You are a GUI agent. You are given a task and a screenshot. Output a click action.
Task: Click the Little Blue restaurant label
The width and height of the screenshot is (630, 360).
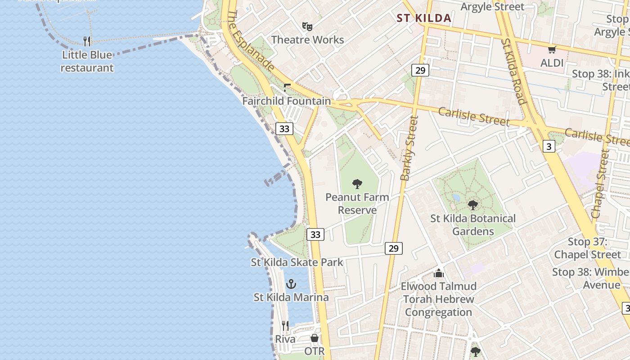click(x=87, y=62)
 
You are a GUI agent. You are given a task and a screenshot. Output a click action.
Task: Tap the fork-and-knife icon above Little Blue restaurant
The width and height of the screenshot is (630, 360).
click(x=87, y=41)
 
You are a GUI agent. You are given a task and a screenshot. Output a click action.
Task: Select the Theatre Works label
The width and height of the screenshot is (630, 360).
click(x=307, y=40)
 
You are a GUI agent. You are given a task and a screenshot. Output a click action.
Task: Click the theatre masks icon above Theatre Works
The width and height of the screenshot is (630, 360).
click(x=307, y=26)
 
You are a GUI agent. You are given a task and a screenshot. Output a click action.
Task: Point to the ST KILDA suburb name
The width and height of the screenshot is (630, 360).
click(x=424, y=18)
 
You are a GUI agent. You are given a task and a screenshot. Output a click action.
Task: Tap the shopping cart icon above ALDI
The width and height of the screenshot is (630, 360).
click(x=552, y=50)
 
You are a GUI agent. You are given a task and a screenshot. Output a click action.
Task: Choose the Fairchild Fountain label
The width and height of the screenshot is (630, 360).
click(x=287, y=101)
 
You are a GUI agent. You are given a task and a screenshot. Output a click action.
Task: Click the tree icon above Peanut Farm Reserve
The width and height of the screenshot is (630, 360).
click(x=357, y=184)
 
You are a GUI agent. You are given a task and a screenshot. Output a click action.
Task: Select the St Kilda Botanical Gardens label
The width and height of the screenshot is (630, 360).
click(x=473, y=225)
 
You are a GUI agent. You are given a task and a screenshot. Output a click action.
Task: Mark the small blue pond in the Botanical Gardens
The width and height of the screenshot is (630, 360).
click(x=457, y=198)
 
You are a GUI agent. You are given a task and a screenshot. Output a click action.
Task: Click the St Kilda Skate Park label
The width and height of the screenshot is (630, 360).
click(x=297, y=262)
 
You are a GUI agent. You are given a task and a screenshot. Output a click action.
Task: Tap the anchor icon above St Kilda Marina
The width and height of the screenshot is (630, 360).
click(x=291, y=284)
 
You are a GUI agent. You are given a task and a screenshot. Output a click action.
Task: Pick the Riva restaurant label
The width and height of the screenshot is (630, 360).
click(x=285, y=339)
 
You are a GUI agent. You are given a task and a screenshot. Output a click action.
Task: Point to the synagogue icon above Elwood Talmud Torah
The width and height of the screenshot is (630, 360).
click(x=439, y=273)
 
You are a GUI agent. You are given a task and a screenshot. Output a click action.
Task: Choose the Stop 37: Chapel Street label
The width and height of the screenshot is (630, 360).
click(x=587, y=248)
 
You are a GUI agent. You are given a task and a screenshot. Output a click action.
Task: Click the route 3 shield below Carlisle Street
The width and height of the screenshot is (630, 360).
click(x=549, y=146)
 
